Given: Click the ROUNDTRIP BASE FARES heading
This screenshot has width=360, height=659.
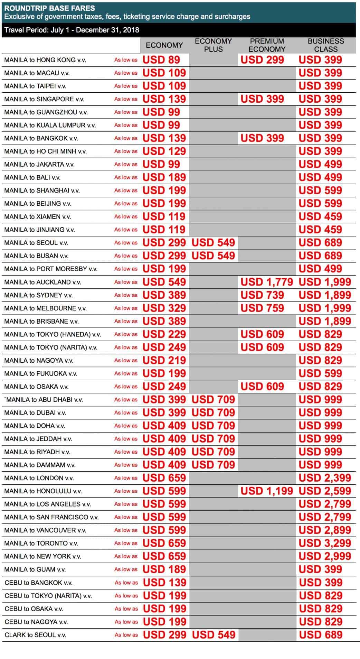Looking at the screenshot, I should coord(49,8).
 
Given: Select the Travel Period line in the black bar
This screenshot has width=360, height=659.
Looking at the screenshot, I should coord(72,30).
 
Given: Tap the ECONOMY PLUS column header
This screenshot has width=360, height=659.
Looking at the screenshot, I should coord(213,45).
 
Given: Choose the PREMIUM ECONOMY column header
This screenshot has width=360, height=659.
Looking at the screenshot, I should coord(267,45).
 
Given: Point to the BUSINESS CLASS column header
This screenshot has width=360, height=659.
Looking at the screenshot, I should coord(325,45).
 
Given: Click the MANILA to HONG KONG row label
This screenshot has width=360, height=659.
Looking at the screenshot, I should coord(45,60).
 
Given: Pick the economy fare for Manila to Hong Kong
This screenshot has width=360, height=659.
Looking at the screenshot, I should coord(161,60).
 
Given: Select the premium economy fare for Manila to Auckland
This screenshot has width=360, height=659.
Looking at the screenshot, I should coord(266,282).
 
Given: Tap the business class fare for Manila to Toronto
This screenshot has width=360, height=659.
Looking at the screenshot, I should coord(325,543).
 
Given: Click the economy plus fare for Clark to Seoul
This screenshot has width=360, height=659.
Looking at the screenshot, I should coord(214,635).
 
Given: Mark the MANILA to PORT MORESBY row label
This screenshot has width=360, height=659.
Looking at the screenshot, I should coord(51,269).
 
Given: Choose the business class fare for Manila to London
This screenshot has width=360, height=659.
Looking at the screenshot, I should coord(325,478).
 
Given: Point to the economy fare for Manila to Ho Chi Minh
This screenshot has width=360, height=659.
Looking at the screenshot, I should coord(164,151).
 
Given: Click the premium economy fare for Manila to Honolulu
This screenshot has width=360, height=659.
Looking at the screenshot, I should coord(266,491).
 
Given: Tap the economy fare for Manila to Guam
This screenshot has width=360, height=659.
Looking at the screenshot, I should coord(164,569).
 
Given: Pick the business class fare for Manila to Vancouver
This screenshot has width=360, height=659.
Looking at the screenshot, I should coord(325,530).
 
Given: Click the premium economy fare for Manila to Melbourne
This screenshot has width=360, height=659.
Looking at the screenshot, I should coord(262,308).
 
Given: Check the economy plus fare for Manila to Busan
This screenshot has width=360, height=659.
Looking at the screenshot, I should coord(213,256).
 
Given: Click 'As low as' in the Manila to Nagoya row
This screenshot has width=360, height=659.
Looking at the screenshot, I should coord(126,360).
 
